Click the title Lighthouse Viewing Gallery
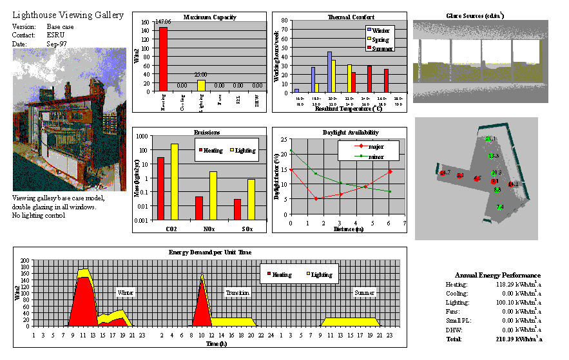(68, 15)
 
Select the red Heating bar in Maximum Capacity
(163, 61)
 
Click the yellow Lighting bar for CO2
(174, 182)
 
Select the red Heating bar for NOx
(199, 208)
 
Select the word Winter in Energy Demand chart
(125, 292)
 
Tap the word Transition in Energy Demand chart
(238, 292)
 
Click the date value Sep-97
(57, 44)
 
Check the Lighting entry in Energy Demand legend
(321, 274)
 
